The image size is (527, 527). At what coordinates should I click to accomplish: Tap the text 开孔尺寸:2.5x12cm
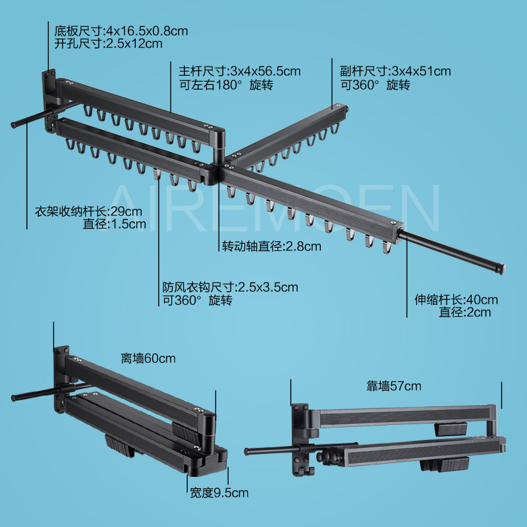pos(109,44)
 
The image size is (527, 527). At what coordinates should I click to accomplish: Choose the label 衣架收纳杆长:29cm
pos(88,212)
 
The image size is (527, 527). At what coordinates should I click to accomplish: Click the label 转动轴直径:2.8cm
pos(271,247)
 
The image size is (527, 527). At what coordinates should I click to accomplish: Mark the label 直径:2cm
pos(465,312)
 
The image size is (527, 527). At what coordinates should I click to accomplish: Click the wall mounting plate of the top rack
pos(48,92)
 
